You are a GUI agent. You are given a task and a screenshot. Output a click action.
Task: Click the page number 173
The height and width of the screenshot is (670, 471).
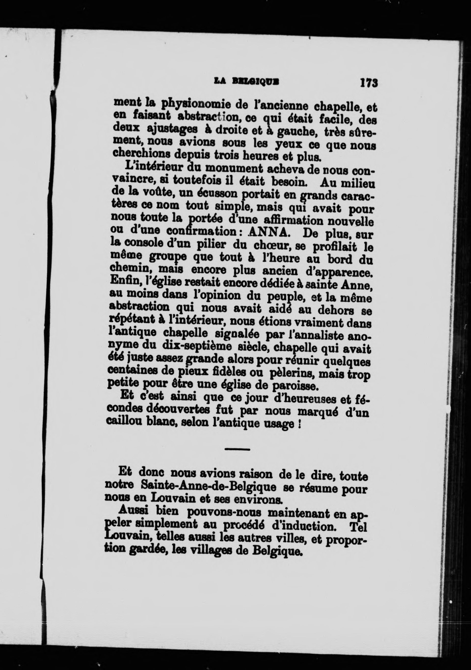[x=369, y=83]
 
